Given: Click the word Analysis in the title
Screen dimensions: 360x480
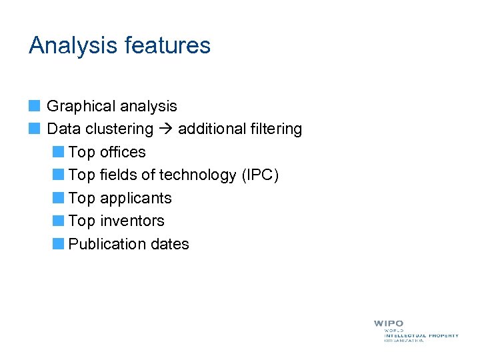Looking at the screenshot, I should click(x=72, y=46).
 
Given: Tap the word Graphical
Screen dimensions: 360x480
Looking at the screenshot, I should click(x=79, y=107).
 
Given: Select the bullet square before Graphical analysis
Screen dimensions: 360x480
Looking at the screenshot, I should click(x=35, y=105).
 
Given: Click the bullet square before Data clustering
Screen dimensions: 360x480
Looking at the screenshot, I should click(x=35, y=128).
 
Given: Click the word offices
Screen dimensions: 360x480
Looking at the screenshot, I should click(x=123, y=152).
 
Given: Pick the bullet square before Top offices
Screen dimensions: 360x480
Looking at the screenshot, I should click(x=59, y=151).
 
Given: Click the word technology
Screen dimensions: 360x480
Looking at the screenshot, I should click(x=199, y=175).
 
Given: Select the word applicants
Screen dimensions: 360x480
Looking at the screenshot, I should click(x=135, y=199).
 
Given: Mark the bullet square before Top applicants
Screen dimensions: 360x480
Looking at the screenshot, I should click(x=59, y=197).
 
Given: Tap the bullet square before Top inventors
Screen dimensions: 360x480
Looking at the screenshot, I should click(x=59, y=220).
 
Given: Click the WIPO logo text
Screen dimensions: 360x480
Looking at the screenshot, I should click(x=389, y=323).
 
